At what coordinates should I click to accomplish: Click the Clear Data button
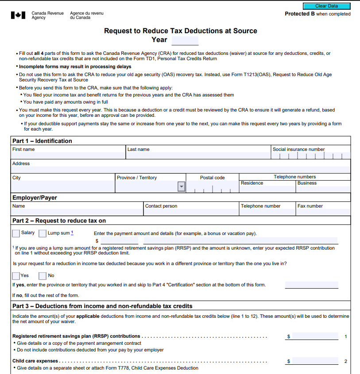(326, 6)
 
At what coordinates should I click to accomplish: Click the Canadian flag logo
(18, 15)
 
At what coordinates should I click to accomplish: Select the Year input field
(185, 41)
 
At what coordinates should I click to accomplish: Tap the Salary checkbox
(16, 233)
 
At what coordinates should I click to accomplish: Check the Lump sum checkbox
(43, 233)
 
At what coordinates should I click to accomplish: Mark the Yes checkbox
(16, 276)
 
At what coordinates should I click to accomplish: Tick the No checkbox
(43, 276)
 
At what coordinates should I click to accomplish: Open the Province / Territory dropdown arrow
(181, 187)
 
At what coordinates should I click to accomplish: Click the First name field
(69, 156)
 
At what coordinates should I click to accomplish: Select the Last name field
(198, 156)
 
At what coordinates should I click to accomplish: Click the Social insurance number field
(311, 156)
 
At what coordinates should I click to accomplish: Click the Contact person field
(191, 212)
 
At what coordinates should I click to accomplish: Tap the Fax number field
(323, 212)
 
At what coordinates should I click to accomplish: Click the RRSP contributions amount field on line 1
(315, 336)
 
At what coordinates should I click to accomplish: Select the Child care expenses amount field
(315, 361)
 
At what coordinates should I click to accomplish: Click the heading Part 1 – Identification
(42, 141)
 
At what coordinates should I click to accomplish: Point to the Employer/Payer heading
(35, 197)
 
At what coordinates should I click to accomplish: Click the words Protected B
(297, 14)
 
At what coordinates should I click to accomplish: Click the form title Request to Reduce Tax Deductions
(180, 31)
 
